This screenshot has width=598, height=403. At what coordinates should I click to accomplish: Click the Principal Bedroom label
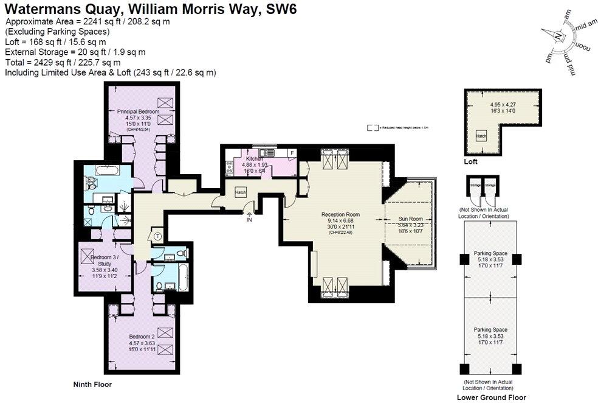[x=138, y=111]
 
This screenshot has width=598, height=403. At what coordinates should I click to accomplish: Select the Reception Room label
[x=340, y=214]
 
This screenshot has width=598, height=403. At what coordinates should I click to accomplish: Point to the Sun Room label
[x=410, y=217]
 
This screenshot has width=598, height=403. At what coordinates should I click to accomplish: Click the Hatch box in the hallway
[x=241, y=192]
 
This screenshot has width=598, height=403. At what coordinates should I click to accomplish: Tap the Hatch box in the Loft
[x=481, y=136]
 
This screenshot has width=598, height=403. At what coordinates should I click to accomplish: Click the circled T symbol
[x=158, y=236]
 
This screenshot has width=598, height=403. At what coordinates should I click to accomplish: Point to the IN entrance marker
[x=249, y=219]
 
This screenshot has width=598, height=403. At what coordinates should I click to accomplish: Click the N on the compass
[x=558, y=36]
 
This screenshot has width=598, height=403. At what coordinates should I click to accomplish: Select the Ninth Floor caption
[x=92, y=384]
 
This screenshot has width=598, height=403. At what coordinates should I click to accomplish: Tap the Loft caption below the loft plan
[x=470, y=162]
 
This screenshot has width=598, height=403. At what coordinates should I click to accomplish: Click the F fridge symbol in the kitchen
[x=292, y=152]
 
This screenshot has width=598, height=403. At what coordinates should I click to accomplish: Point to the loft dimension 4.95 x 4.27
[x=502, y=104]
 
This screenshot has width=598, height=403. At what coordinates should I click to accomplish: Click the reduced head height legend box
[x=373, y=128]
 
